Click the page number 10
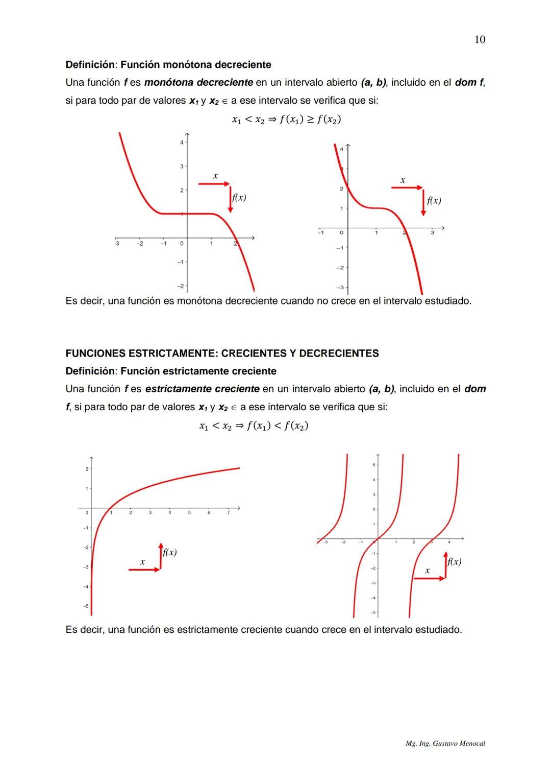[x=480, y=40]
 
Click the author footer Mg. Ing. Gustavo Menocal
[x=445, y=744]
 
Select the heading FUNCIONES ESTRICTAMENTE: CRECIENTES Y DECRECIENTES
[x=222, y=353]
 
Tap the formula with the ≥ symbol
[x=286, y=120]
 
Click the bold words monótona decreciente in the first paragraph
[x=198, y=82]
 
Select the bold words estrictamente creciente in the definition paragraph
[x=202, y=389]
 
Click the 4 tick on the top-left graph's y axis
[x=181, y=143]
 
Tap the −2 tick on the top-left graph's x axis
[x=139, y=244]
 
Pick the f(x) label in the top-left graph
[x=239, y=198]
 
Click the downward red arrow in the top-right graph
[x=423, y=202]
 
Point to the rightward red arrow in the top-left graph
[x=214, y=183]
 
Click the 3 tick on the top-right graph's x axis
[x=432, y=233]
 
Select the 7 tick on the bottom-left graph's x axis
[x=228, y=512]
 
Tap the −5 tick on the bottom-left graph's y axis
[x=86, y=606]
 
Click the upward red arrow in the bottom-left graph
[x=160, y=556]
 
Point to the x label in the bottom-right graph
[x=427, y=571]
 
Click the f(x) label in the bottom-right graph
[x=454, y=562]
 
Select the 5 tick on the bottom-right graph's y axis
[x=373, y=465]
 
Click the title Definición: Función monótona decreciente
[x=168, y=65]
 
